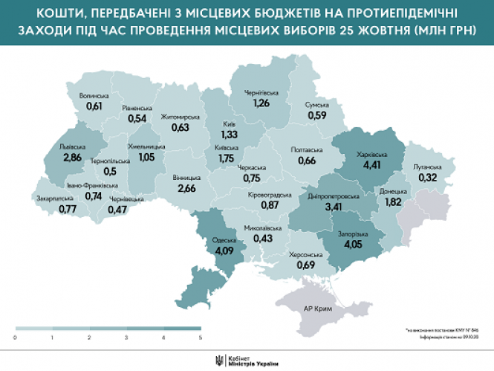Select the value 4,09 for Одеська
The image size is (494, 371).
click(x=224, y=251)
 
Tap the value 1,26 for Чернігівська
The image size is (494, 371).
click(x=261, y=103)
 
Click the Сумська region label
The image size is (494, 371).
click(x=317, y=105)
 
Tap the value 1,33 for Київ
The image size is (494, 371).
click(x=230, y=135)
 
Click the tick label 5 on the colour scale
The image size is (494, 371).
click(x=200, y=338)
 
